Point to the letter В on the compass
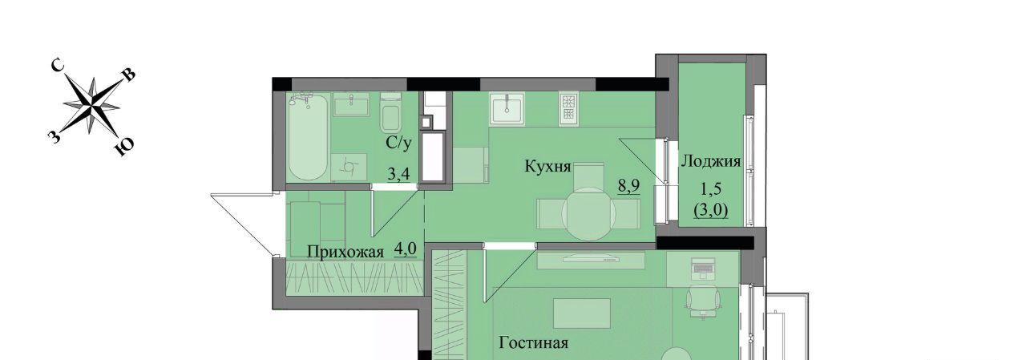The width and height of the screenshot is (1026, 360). click(129, 75)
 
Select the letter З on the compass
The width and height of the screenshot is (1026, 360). click(54, 136)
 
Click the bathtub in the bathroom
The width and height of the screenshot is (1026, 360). click(308, 136)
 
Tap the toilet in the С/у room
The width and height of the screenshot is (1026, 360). click(391, 111)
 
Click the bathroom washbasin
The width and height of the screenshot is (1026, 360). click(351, 104)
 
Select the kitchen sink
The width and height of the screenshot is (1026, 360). click(507, 109)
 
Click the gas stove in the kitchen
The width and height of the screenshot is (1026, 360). click(568, 109)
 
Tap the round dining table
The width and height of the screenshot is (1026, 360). click(588, 214)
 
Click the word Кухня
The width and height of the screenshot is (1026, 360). click(547, 166)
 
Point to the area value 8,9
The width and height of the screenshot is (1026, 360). click(629, 186)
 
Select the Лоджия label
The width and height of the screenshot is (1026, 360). click(711, 161)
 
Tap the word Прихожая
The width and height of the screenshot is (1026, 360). click(345, 253)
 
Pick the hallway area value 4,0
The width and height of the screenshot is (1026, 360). click(406, 249)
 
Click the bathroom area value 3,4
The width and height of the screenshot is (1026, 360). click(398, 174)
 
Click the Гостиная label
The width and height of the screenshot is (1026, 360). click(534, 343)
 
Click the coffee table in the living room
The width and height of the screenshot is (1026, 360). click(582, 313)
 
